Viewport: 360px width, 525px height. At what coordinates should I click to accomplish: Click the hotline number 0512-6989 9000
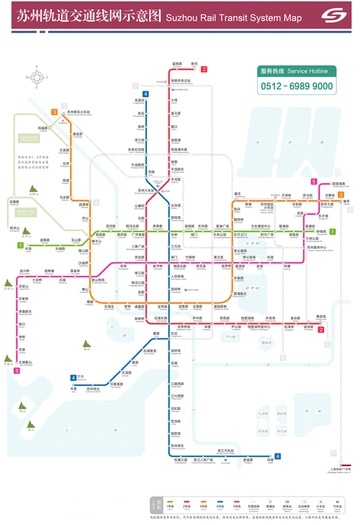coord(296,86)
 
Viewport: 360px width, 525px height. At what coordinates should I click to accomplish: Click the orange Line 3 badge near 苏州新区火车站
coord(54,112)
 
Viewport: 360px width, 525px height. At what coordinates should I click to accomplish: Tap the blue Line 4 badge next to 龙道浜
coord(145,94)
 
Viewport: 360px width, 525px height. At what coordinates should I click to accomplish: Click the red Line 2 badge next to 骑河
coord(204,69)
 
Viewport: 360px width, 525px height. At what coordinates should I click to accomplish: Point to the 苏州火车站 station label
coord(148,190)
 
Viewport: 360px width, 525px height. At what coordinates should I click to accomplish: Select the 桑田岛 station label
coord(320,317)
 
